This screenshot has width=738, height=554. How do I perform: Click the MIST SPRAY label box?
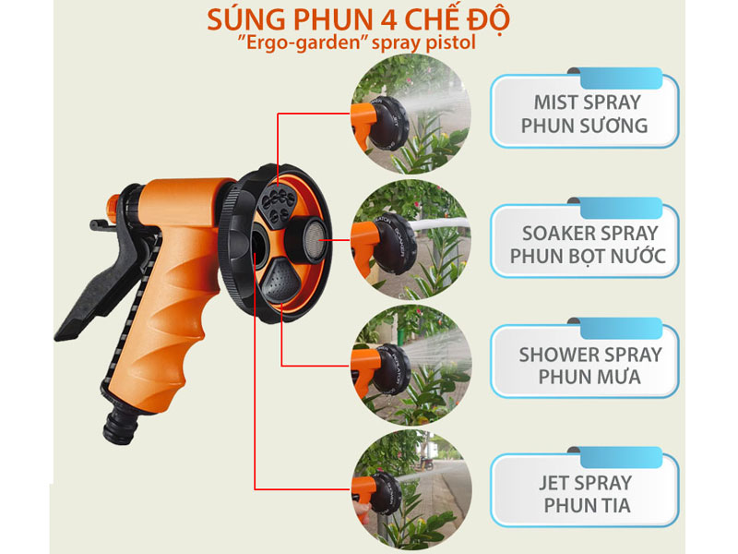[585, 112]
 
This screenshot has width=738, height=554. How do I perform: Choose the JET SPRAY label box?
[587, 493]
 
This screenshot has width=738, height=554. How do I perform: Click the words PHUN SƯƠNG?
[585, 125]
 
